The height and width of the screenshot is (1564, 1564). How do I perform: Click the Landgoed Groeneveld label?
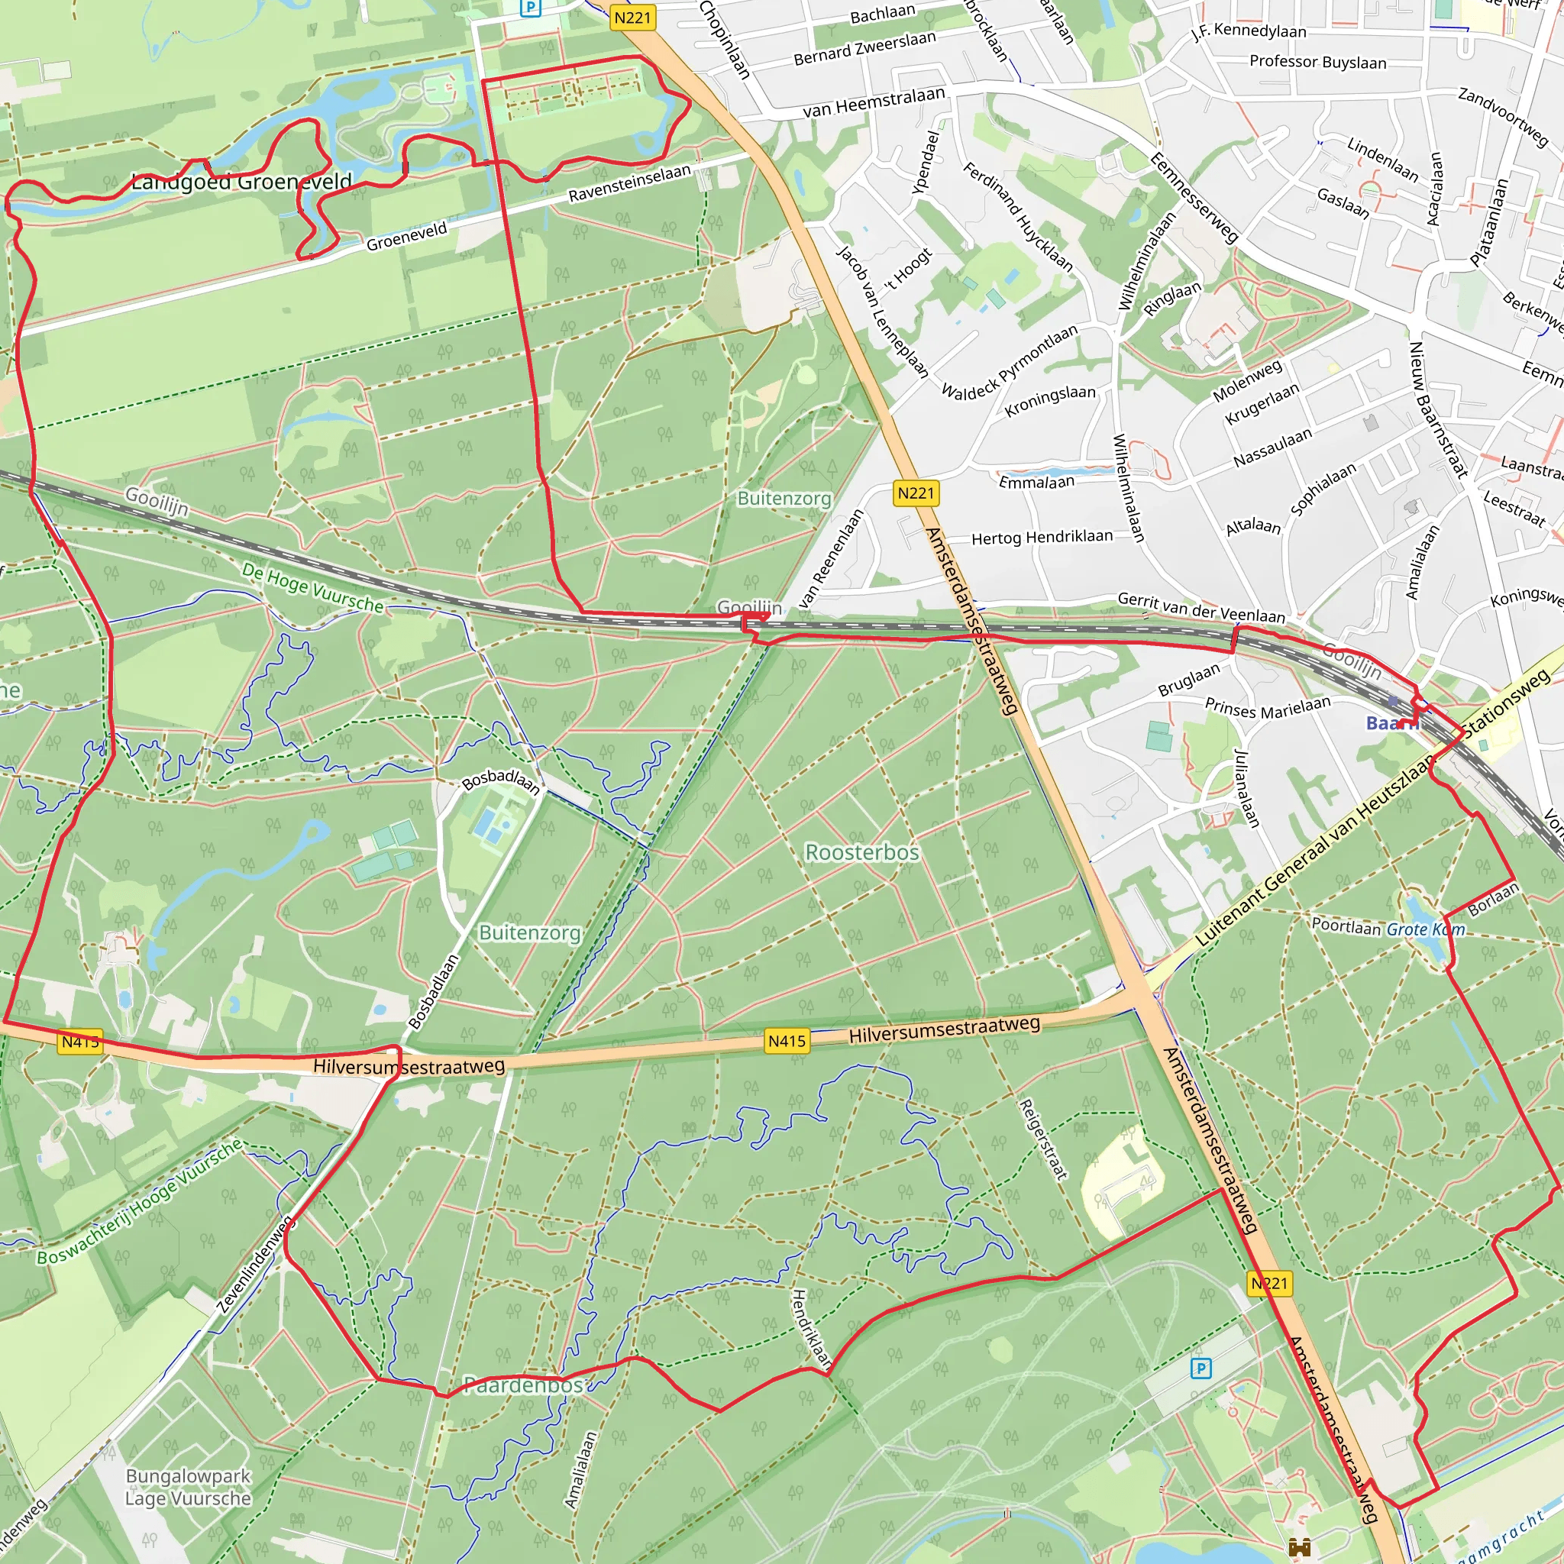tap(241, 180)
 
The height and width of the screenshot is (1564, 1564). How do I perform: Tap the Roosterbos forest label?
tap(861, 852)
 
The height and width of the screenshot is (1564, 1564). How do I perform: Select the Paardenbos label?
tap(523, 1385)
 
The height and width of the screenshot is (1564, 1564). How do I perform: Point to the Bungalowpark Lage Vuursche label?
tap(188, 1487)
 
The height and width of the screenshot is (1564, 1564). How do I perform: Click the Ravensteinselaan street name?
tap(629, 184)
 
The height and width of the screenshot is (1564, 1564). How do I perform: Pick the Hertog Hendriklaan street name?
tap(1042, 537)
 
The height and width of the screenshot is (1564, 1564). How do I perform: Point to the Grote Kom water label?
tap(1425, 929)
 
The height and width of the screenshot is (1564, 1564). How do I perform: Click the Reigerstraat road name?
tap(1042, 1138)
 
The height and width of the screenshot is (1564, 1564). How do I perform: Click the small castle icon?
tap(1299, 1548)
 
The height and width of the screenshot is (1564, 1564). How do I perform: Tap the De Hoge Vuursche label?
tap(312, 588)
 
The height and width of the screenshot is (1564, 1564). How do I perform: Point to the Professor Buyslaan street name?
tap(1317, 62)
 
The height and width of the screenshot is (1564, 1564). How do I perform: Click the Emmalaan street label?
tap(1036, 483)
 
